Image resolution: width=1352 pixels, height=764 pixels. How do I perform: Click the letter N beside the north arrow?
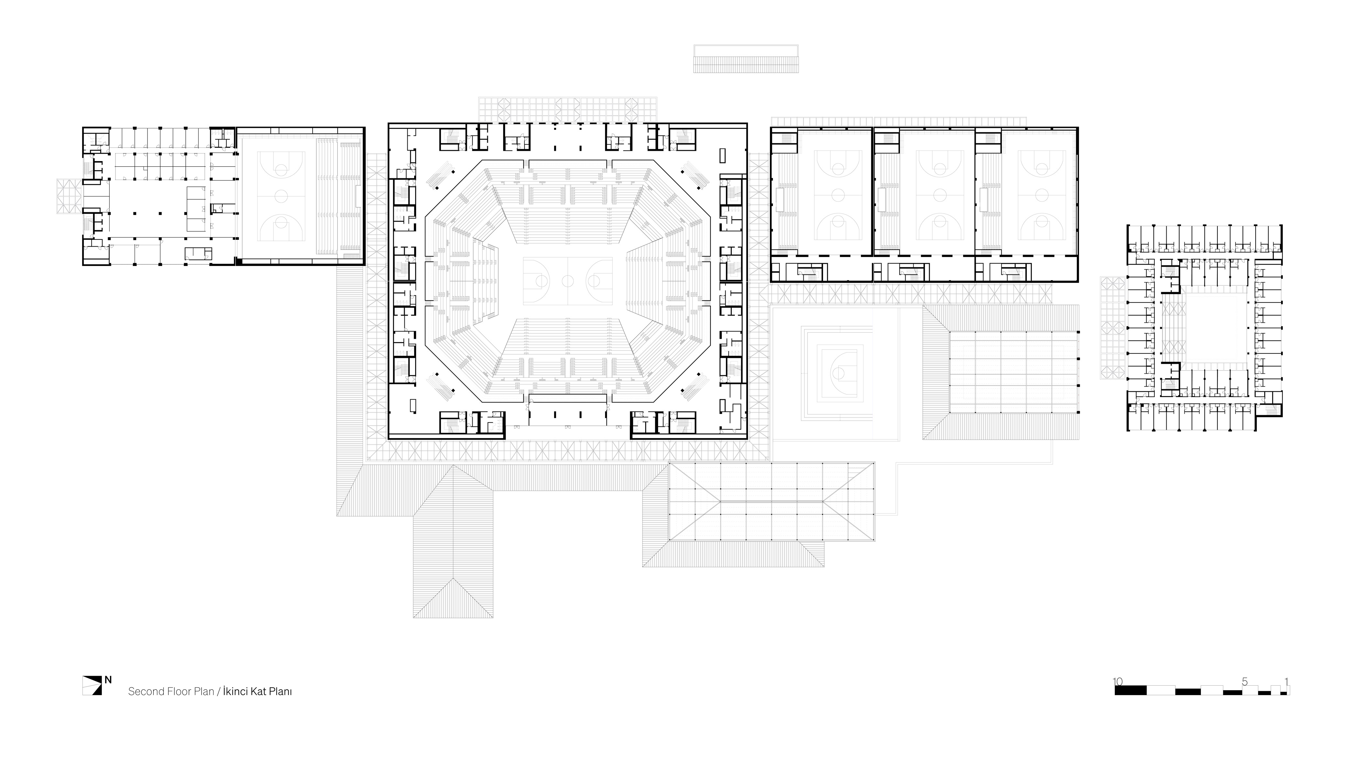[x=108, y=680]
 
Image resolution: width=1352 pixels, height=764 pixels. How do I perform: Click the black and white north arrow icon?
[x=92, y=685]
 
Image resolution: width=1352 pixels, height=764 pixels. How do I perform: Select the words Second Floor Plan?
[x=171, y=692]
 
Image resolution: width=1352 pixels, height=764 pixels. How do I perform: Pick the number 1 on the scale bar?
[x=1286, y=682]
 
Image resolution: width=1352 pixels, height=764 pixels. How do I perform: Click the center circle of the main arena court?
[x=568, y=281]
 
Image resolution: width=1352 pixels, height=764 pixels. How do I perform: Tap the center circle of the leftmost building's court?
[x=282, y=196]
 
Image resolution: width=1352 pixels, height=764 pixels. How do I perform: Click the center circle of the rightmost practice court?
[x=1042, y=196]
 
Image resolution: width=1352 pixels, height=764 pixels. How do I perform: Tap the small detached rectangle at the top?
[x=746, y=58]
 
